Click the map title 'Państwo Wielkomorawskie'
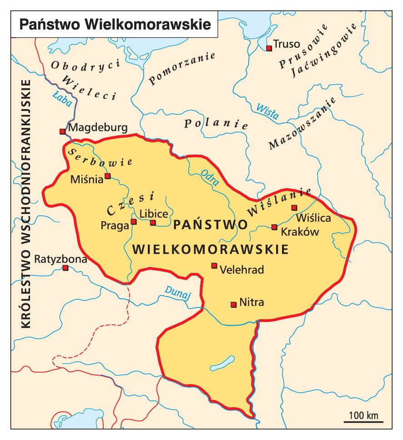[115, 24]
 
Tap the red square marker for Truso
[269, 48]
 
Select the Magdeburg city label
[98, 128]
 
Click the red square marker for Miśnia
[108, 176]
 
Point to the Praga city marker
[134, 222]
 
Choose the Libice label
[154, 213]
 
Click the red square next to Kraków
[274, 227]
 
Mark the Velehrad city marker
[214, 266]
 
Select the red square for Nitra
[233, 304]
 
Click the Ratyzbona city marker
[65, 268]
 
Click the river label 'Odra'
[210, 178]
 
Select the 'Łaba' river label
[62, 99]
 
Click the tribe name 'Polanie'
[216, 124]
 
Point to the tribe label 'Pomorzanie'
[181, 69]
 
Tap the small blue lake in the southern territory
[222, 363]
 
